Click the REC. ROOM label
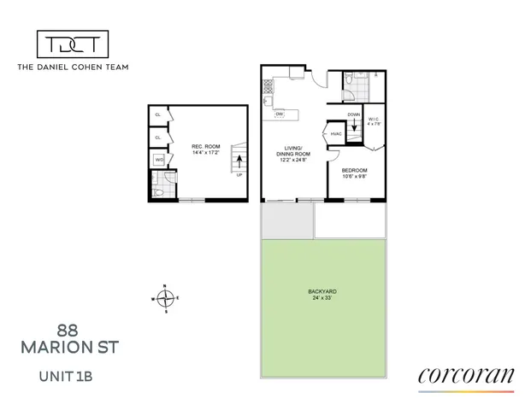click(x=205, y=147)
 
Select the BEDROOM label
click(x=355, y=170)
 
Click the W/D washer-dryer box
click(x=159, y=160)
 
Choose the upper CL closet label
click(x=158, y=115)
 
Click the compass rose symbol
click(x=167, y=298)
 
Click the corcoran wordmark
click(x=466, y=375)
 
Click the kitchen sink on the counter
click(x=268, y=103)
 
